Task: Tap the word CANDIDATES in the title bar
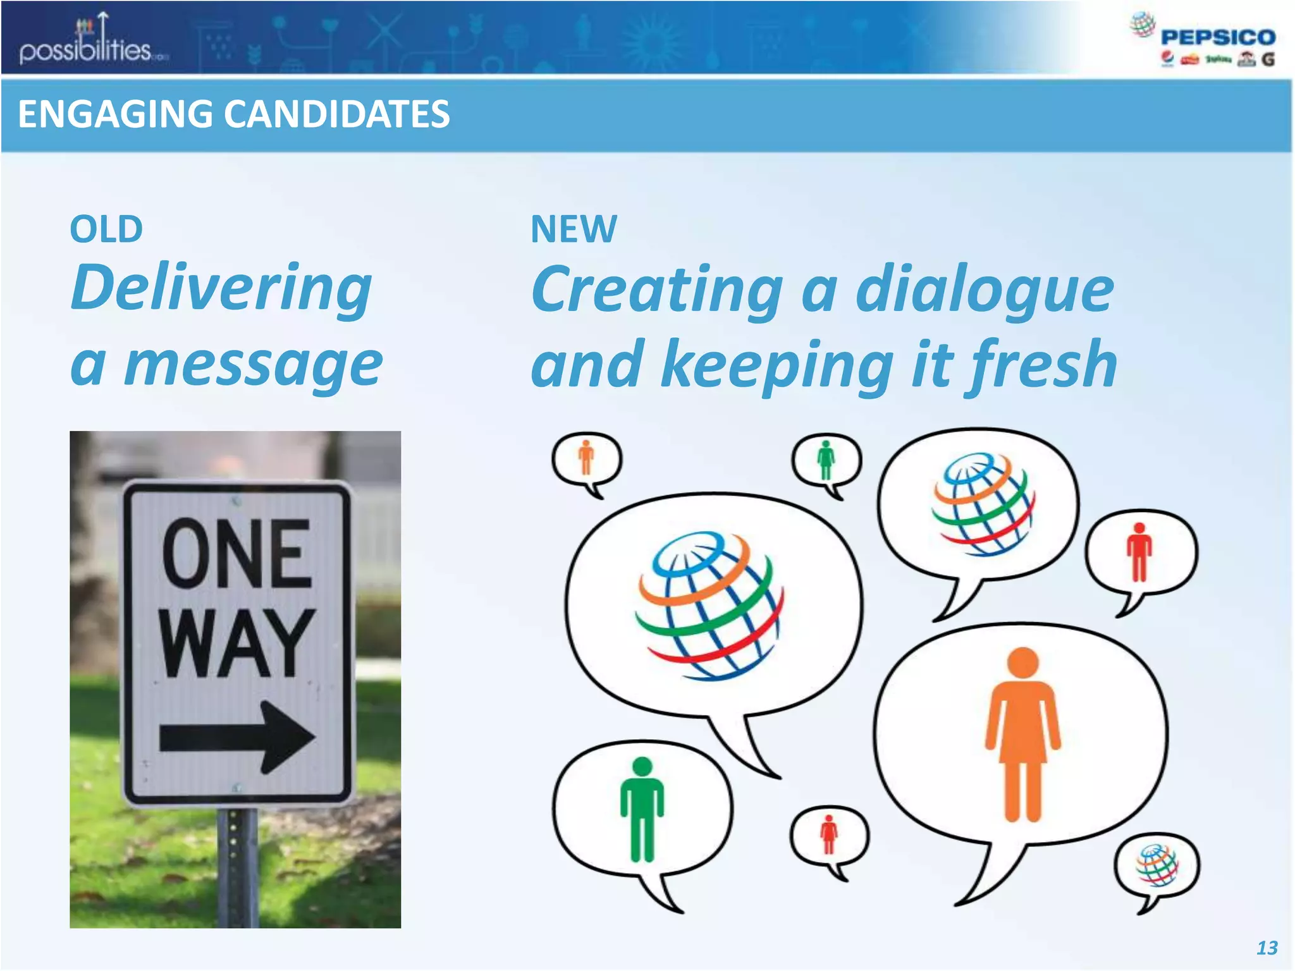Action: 336,114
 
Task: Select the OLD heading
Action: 106,229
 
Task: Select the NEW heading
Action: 574,229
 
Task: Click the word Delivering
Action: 221,288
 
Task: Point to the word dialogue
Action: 984,289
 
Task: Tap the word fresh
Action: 1043,364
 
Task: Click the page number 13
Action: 1267,948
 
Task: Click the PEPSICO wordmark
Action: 1218,37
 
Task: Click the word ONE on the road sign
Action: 236,554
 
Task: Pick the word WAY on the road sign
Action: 236,643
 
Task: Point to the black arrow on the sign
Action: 236,737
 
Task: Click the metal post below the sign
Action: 237,866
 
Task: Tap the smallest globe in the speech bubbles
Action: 1157,865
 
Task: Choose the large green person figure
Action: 642,809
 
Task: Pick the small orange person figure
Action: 586,457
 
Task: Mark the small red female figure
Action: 828,834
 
